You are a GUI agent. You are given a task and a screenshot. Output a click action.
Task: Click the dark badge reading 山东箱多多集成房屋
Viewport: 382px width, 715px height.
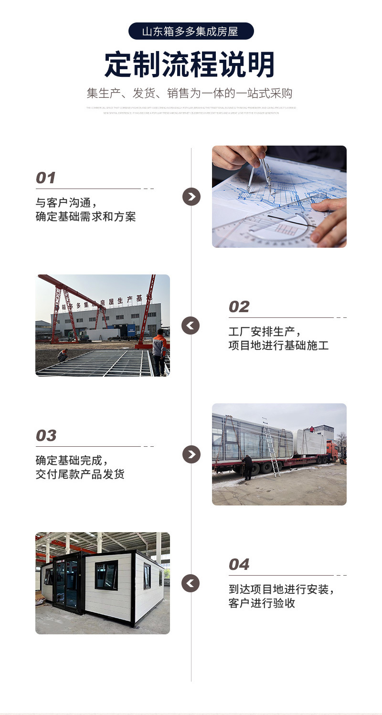[x=191, y=32]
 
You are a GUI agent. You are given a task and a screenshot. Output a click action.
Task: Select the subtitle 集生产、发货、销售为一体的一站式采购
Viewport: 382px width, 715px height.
[x=190, y=93]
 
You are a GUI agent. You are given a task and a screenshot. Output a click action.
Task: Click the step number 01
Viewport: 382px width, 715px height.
[x=46, y=178]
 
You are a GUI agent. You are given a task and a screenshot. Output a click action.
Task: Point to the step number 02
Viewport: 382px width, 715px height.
[x=239, y=307]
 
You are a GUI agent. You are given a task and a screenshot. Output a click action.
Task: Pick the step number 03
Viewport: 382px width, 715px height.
[x=46, y=436]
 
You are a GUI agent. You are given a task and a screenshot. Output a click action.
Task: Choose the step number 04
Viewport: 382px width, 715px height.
[x=239, y=565]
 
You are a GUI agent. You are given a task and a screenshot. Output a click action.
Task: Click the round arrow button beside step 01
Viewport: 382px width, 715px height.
[x=191, y=197]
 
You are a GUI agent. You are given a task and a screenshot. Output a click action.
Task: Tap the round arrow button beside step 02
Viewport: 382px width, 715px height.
[x=191, y=326]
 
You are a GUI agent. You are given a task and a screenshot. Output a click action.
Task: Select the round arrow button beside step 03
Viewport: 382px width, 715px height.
[x=191, y=454]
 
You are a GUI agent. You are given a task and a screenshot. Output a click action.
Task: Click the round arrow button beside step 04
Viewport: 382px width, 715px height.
[x=191, y=583]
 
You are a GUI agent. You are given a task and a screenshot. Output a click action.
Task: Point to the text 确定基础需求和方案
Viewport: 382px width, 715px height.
[x=86, y=217]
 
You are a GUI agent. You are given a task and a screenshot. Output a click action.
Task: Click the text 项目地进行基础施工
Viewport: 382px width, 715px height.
[x=278, y=346]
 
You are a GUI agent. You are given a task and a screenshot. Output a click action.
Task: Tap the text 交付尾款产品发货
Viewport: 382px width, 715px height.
[x=80, y=474]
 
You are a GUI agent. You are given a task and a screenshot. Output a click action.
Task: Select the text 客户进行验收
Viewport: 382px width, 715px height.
[x=262, y=603]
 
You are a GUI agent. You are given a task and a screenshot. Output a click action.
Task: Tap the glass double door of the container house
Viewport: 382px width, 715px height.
[x=66, y=583]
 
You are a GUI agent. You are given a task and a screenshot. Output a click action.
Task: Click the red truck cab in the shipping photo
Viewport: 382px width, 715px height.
[x=332, y=451]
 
